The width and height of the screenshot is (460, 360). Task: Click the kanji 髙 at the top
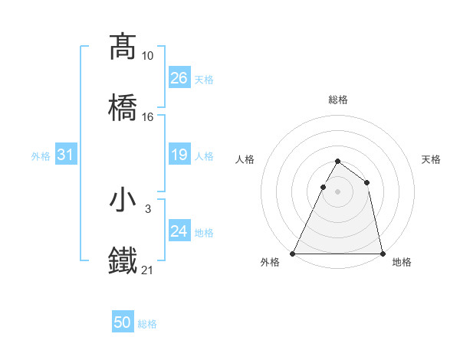pyautogui.click(x=123, y=47)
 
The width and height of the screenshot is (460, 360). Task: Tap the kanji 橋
pyautogui.click(x=123, y=107)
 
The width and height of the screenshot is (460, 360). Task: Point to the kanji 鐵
pyautogui.click(x=123, y=260)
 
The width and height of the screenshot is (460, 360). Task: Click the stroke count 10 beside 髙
pyautogui.click(x=148, y=56)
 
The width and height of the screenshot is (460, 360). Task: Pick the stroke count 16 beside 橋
pyautogui.click(x=148, y=117)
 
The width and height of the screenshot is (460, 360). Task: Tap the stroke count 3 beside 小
pyautogui.click(x=148, y=208)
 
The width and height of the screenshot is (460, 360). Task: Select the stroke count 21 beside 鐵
pyautogui.click(x=148, y=270)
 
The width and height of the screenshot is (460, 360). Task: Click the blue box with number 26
pyautogui.click(x=179, y=78)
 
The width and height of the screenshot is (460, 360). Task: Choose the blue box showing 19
pyautogui.click(x=179, y=155)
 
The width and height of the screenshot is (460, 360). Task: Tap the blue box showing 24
pyautogui.click(x=179, y=231)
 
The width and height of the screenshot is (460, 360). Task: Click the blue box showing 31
pyautogui.click(x=66, y=155)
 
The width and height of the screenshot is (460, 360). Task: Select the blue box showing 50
pyautogui.click(x=123, y=323)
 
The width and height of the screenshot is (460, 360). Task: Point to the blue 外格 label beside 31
pyautogui.click(x=41, y=156)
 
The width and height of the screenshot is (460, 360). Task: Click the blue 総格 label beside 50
pyautogui.click(x=147, y=325)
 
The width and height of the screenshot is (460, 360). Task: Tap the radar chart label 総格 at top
pyautogui.click(x=338, y=100)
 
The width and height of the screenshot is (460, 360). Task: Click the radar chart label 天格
pyautogui.click(x=432, y=159)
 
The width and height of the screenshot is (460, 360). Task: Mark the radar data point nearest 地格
pyautogui.click(x=382, y=253)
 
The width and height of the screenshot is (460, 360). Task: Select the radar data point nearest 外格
pyautogui.click(x=294, y=253)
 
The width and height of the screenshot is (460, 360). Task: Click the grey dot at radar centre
pyautogui.click(x=337, y=191)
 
